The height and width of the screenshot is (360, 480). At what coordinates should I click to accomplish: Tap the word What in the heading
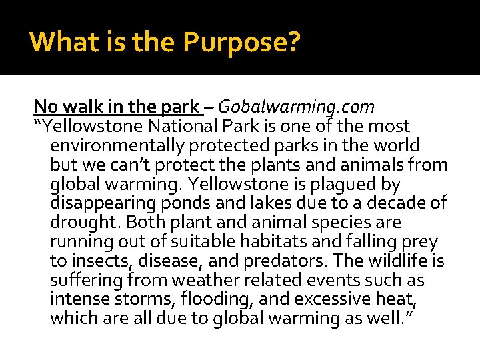pyautogui.click(x=59, y=43)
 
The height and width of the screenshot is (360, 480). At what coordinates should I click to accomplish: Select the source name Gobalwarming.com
pyautogui.click(x=296, y=107)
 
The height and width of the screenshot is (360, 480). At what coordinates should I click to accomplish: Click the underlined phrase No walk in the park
pyautogui.click(x=117, y=107)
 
